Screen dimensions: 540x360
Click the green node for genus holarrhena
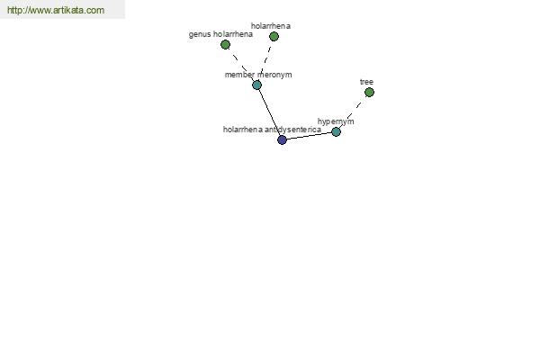(x=225, y=44)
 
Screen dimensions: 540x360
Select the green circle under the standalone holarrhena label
(x=274, y=36)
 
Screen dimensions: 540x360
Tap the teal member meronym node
(x=256, y=85)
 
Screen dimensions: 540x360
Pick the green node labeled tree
(x=369, y=92)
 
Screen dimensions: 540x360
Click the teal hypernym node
(x=336, y=131)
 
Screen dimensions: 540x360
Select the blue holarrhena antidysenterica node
(x=282, y=139)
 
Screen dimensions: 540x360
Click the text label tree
(x=366, y=82)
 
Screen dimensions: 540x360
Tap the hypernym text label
(x=336, y=121)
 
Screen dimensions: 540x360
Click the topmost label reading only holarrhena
(x=271, y=26)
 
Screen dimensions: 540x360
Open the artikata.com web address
(x=56, y=10)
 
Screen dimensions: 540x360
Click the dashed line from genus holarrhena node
(x=241, y=65)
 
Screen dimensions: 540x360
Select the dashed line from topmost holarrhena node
(x=265, y=60)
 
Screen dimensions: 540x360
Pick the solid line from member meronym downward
(x=269, y=112)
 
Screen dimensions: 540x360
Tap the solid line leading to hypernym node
(x=309, y=136)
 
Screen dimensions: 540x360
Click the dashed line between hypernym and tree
(x=353, y=112)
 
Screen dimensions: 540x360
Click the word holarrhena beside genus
(x=233, y=34)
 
